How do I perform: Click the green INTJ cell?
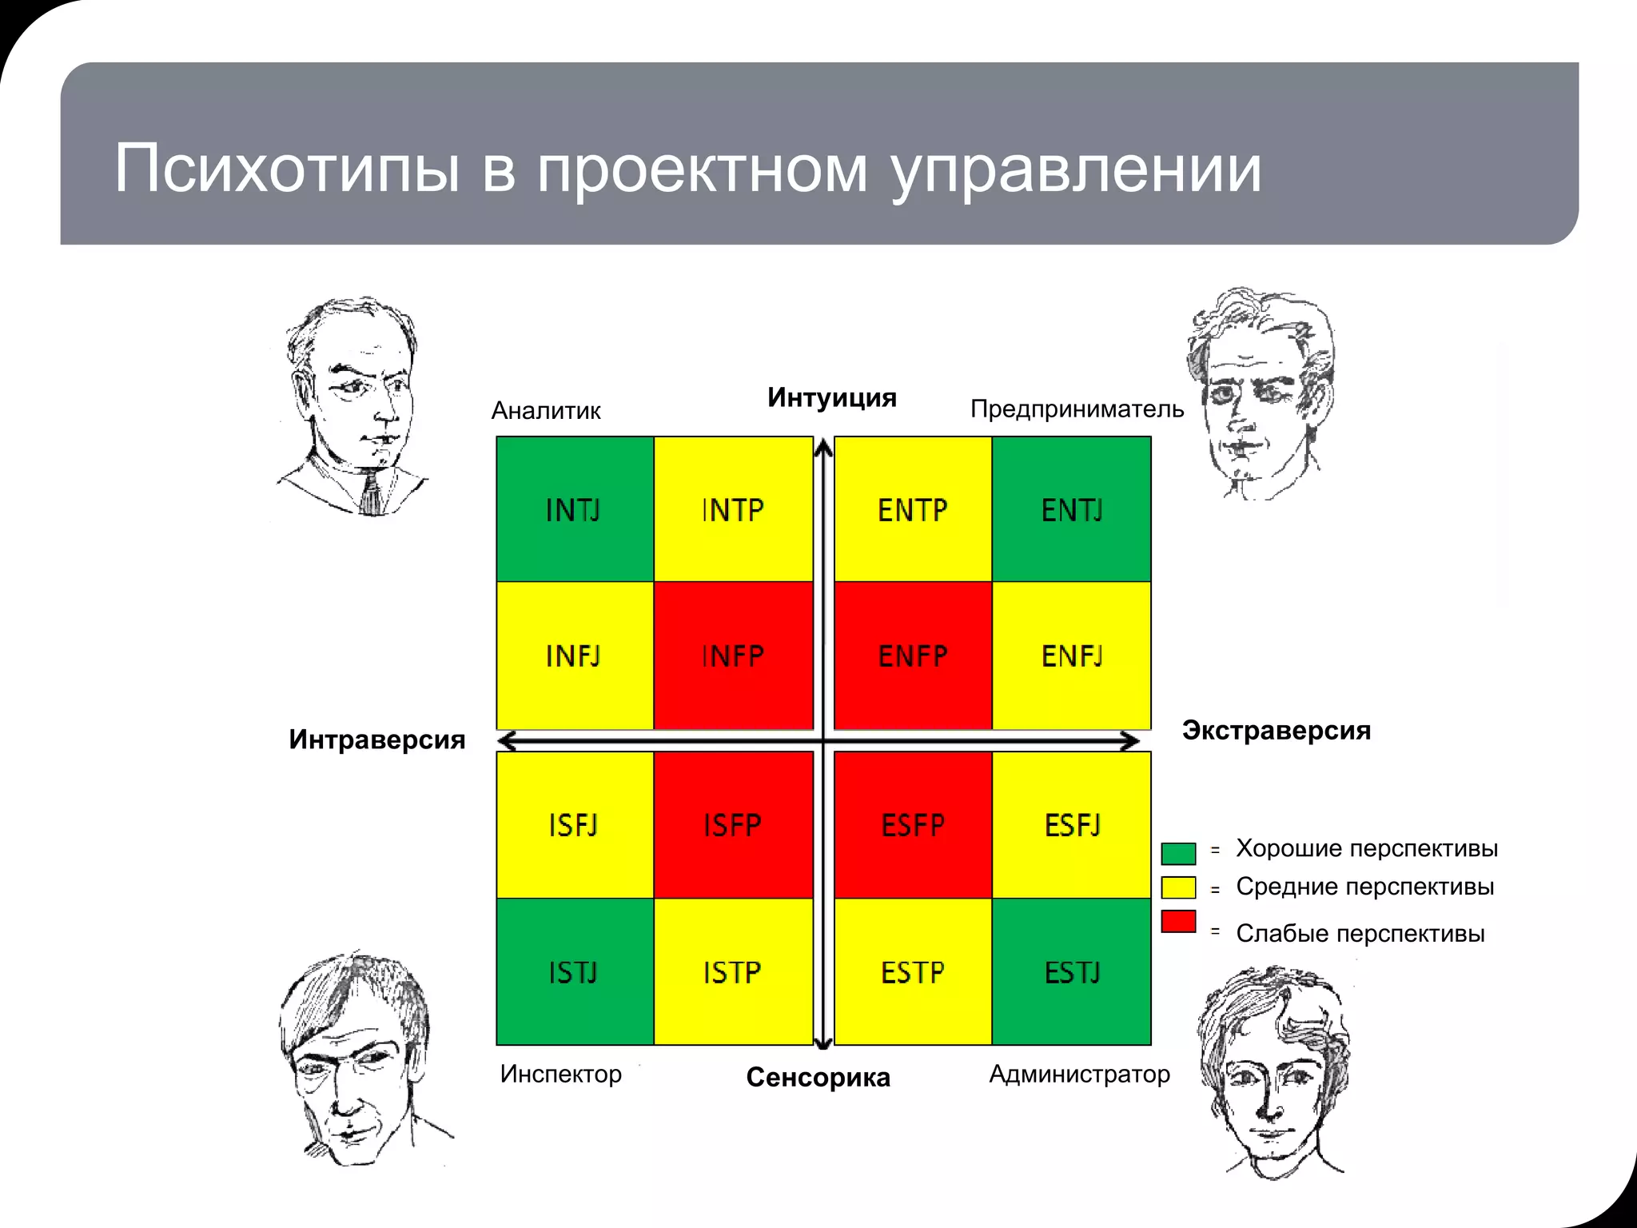[575, 509]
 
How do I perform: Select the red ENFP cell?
[913, 656]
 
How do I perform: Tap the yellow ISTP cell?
[733, 972]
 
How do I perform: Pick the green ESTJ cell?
[1072, 972]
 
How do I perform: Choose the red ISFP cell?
[733, 824]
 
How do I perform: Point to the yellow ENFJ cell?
[1072, 656]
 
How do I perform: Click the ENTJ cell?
[1072, 509]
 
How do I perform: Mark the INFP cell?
[733, 656]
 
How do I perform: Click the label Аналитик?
[546, 411]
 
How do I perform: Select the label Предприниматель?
[1077, 409]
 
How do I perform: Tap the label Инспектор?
[560, 1074]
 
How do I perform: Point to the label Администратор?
[1079, 1074]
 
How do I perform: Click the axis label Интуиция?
[831, 397]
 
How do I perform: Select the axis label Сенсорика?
[818, 1078]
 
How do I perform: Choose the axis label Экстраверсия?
[1276, 730]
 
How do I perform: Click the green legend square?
[1178, 853]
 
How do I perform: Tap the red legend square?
[1178, 921]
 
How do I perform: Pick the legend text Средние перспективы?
[1364, 887]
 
